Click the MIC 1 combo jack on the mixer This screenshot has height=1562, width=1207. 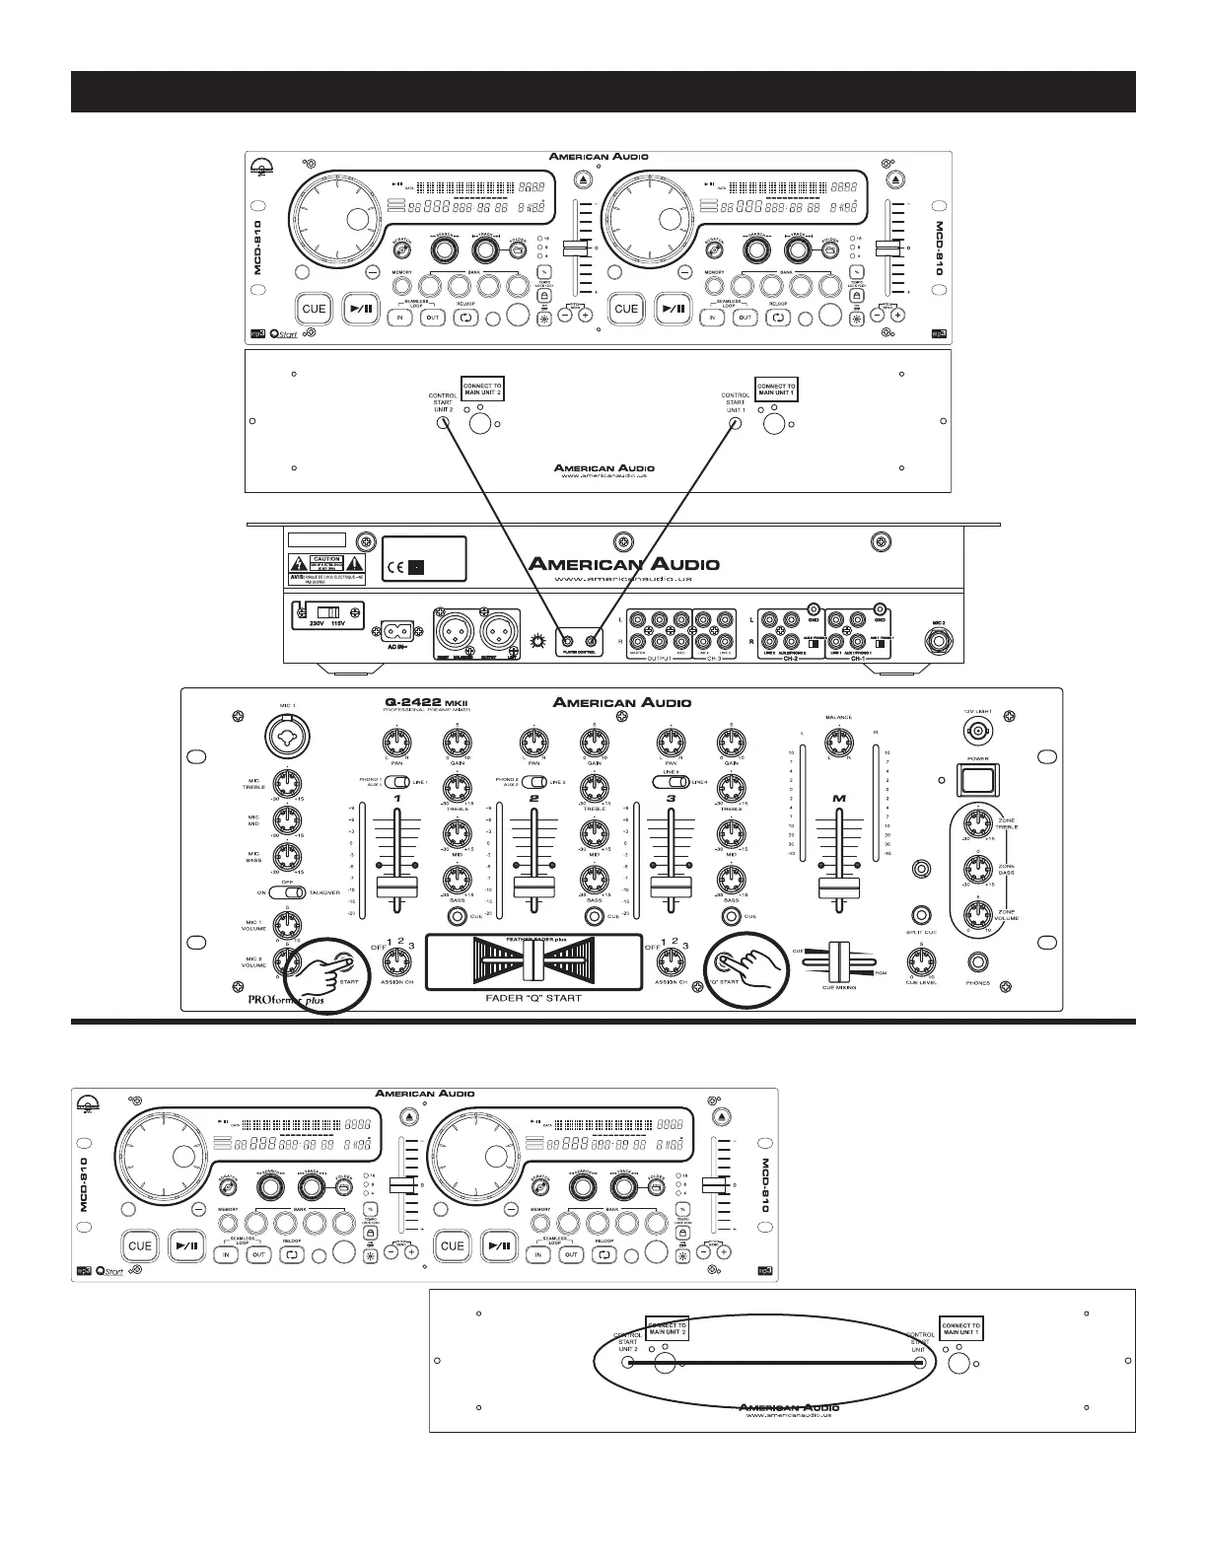point(286,737)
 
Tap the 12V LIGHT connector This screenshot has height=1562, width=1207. point(978,733)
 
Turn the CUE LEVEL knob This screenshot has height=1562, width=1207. point(921,960)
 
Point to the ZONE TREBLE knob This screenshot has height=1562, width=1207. point(976,826)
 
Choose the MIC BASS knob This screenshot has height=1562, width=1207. point(286,855)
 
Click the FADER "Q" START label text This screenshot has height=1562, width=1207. point(533,998)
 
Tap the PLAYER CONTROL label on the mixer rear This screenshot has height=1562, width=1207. point(579,651)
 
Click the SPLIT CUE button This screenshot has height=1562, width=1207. point(921,913)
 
